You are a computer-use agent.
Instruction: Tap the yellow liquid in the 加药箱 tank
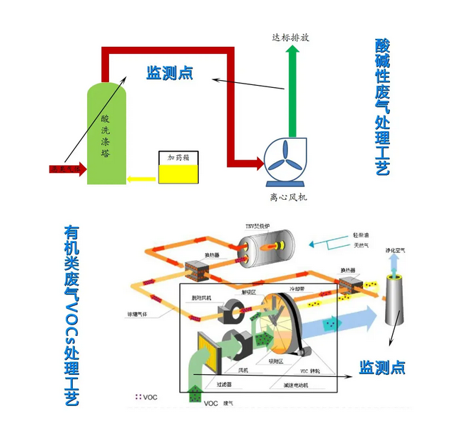click(178, 174)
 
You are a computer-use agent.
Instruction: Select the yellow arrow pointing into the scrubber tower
click(142, 179)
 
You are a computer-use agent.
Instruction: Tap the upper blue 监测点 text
click(169, 72)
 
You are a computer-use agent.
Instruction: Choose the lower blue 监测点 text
click(381, 367)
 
